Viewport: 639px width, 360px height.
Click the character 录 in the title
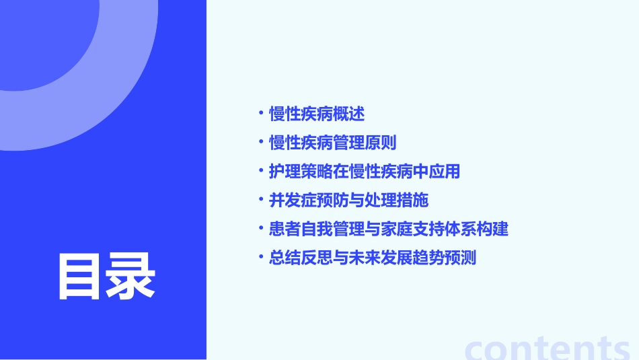[131, 276]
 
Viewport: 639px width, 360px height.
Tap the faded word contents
[548, 349]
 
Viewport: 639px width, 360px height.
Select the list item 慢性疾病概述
[317, 114]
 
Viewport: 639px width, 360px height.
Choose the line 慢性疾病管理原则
[332, 143]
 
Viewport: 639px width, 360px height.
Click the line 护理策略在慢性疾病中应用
[364, 172]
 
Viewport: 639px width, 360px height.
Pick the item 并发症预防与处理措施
[348, 201]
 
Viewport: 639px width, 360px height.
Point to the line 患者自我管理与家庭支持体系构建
[388, 229]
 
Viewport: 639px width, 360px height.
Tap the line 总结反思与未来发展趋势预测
[372, 258]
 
